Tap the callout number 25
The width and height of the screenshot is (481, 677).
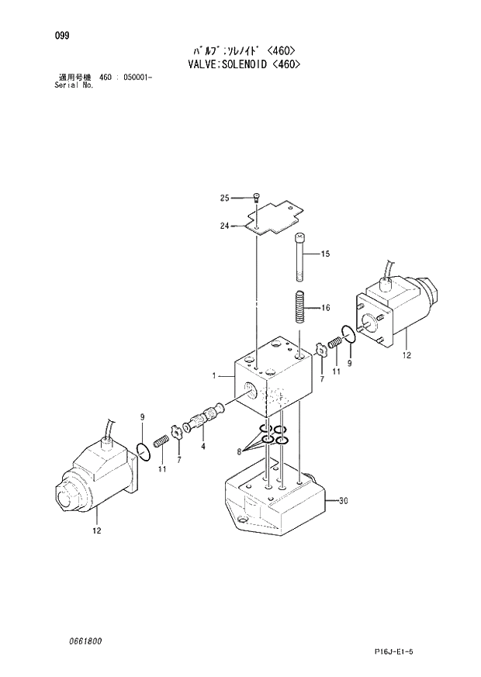225,199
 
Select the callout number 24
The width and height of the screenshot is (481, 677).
225,226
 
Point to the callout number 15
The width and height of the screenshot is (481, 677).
325,254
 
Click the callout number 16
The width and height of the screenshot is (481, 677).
325,308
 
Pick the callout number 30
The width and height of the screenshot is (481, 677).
344,501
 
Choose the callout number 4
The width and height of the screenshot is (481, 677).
202,446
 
